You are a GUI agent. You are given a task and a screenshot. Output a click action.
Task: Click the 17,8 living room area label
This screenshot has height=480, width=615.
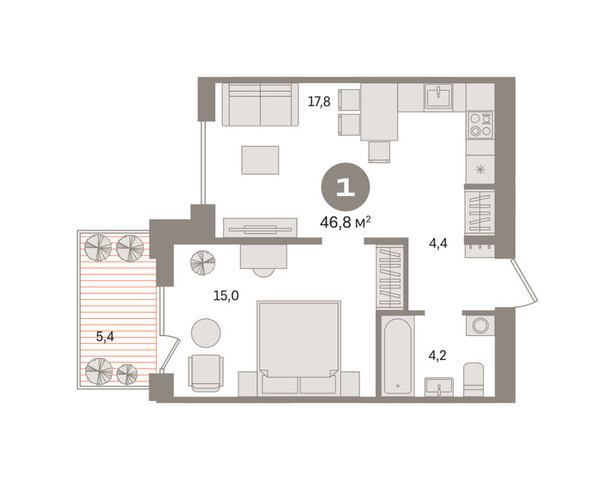tap(319, 101)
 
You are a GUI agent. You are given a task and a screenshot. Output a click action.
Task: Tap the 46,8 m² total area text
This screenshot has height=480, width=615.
tap(346, 223)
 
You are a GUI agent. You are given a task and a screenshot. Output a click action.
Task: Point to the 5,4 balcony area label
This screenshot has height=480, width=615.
tap(106, 337)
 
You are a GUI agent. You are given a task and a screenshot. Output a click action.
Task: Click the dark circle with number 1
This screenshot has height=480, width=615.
tap(346, 188)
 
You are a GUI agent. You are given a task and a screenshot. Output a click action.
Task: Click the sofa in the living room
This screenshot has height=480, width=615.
tap(259, 105)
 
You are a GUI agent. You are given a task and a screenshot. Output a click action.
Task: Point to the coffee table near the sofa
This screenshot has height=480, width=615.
tap(260, 159)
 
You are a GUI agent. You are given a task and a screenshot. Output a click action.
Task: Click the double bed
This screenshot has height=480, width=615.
tap(298, 343)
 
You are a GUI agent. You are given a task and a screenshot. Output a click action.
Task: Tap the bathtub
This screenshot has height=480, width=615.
tap(398, 356)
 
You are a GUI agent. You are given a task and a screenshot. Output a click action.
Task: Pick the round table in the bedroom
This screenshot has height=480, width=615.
tap(206, 332)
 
